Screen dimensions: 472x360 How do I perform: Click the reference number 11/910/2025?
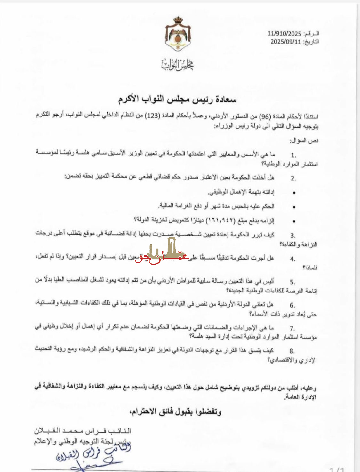[x=284, y=34]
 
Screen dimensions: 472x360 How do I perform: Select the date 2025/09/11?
[x=286, y=42]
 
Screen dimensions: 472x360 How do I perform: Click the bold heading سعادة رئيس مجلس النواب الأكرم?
[x=177, y=99]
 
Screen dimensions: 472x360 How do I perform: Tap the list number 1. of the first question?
[x=293, y=156]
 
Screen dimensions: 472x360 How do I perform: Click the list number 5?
[x=292, y=282]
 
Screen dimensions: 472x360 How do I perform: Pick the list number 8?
[x=292, y=351]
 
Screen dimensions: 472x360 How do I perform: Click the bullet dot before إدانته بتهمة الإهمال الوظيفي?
[x=294, y=193]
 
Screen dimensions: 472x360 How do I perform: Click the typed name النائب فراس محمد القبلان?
[x=83, y=431]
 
